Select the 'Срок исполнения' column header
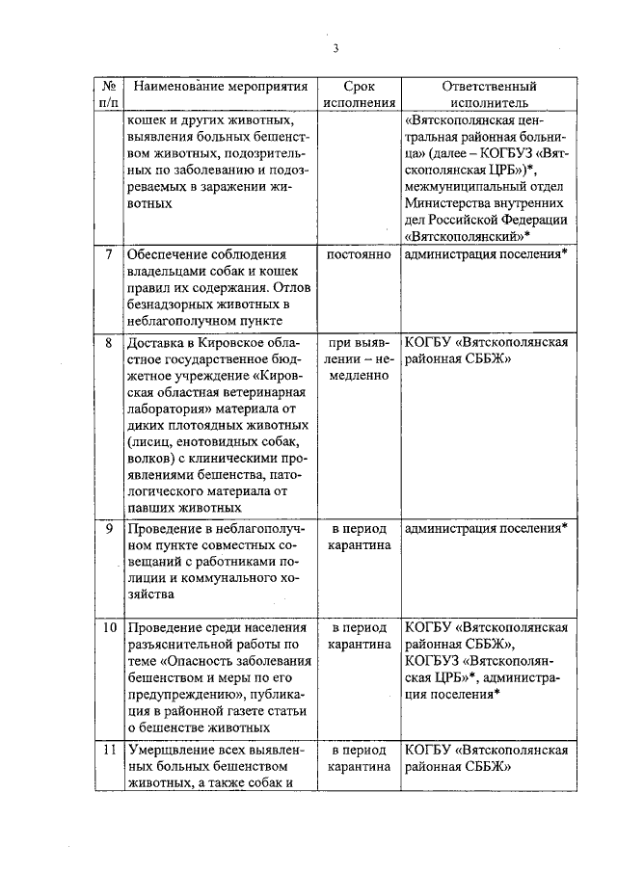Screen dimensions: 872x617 [x=359, y=93]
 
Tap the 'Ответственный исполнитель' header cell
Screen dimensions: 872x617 [x=488, y=93]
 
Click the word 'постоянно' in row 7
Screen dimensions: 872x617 [x=359, y=254]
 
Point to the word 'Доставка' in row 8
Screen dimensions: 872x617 [x=156, y=342]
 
